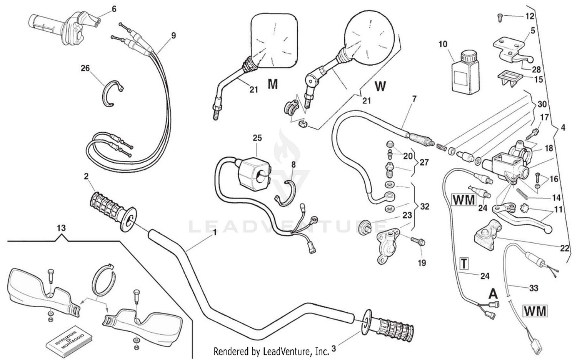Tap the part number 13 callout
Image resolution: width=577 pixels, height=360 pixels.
61,228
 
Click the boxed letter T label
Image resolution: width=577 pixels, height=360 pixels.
464,264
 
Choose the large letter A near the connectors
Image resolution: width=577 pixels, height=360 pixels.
493,294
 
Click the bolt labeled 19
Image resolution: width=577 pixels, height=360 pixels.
417,241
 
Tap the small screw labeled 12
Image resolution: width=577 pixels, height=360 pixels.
499,16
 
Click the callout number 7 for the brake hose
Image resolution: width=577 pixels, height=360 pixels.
414,99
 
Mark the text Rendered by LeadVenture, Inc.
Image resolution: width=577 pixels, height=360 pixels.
271,351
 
